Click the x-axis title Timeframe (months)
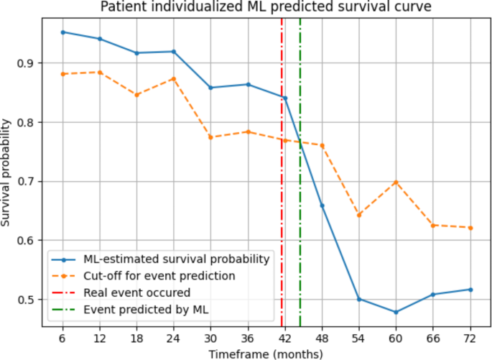[x=266, y=354]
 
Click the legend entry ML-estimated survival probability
[x=176, y=259]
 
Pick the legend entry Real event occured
[x=136, y=292]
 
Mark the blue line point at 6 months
[x=62, y=32]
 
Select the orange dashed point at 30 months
[x=210, y=137]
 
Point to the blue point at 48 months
[x=322, y=206]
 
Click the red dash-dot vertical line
[x=282, y=180]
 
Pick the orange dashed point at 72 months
[x=470, y=228]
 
